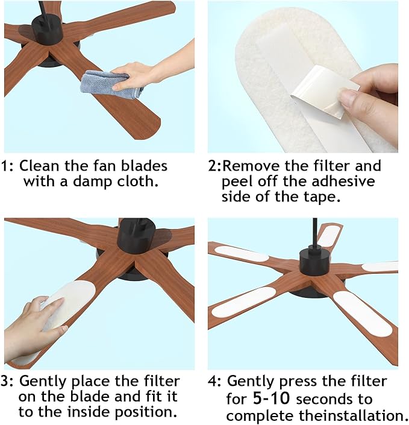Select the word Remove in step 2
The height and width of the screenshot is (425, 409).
255,166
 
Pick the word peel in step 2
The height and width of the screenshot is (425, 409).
238,181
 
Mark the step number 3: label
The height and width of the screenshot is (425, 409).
8,382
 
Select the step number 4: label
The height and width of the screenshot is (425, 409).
216,382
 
